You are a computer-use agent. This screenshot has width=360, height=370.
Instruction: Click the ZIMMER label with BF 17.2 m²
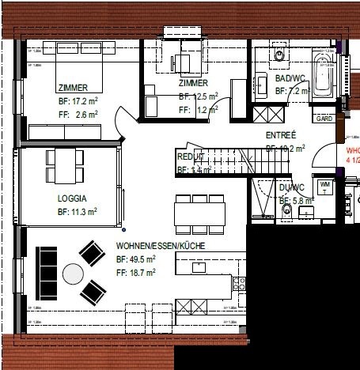[x=72, y=88]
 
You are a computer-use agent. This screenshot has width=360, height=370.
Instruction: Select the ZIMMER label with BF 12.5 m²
[x=193, y=83]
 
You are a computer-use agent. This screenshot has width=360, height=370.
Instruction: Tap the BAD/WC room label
[x=291, y=79]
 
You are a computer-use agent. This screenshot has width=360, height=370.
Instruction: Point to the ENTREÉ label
[x=281, y=135]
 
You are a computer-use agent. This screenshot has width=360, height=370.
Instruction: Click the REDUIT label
[x=191, y=157]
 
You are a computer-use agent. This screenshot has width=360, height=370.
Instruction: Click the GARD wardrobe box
[x=324, y=119]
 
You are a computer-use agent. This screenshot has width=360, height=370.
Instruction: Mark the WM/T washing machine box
[x=325, y=186]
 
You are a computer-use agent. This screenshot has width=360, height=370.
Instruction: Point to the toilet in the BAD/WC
[x=280, y=53]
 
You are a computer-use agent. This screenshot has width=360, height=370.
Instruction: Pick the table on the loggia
[x=63, y=165]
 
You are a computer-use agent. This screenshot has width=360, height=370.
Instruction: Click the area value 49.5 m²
[x=135, y=259]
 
